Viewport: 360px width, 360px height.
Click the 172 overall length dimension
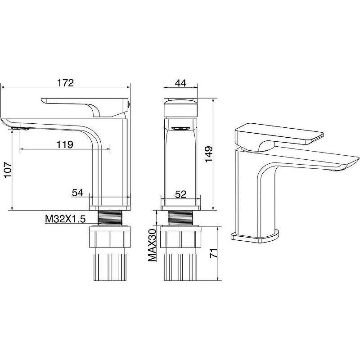point(65,83)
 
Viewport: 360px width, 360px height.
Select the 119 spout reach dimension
point(65,144)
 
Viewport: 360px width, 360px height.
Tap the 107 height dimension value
point(8,170)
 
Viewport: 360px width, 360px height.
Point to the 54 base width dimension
point(77,193)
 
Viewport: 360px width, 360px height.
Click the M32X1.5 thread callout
point(65,219)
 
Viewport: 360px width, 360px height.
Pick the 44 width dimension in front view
point(181,83)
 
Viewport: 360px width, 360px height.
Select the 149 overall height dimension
point(209,154)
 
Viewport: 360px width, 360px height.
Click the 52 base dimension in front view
point(181,194)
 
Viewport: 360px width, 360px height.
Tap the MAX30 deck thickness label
point(152,245)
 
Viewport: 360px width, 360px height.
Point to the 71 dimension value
point(214,253)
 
